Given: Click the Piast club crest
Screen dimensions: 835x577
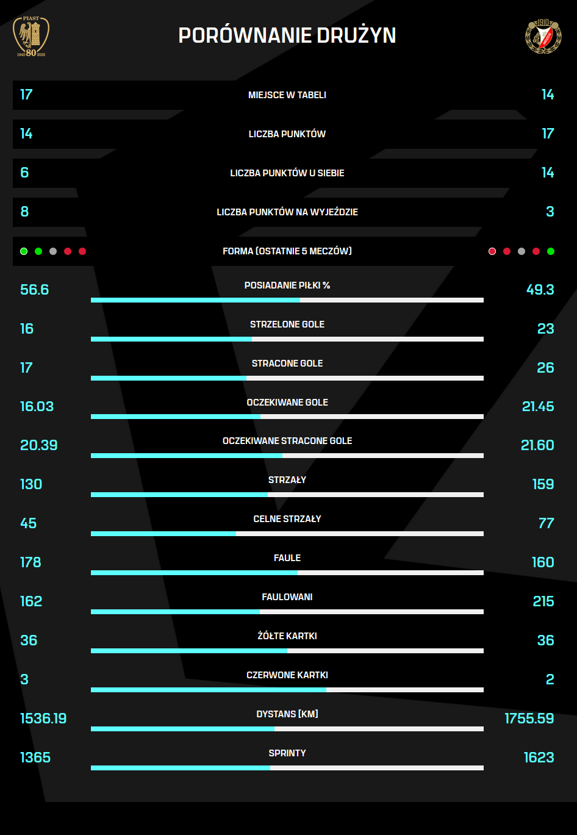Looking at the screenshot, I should [x=31, y=37].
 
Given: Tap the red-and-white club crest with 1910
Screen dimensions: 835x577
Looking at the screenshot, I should [x=543, y=36].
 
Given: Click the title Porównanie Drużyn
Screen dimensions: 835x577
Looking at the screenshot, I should [x=287, y=35].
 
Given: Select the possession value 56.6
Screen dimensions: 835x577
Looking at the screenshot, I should [x=34, y=290].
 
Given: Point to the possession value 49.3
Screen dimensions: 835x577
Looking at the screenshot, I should [x=540, y=290].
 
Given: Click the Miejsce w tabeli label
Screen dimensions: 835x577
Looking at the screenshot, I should [x=287, y=95].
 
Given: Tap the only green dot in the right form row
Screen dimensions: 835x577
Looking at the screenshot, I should [x=551, y=251].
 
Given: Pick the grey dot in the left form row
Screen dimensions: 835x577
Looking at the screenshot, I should [x=53, y=251].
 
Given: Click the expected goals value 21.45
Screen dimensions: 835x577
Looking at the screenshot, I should [x=538, y=406].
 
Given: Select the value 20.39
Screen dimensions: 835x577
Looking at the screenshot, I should [x=38, y=445].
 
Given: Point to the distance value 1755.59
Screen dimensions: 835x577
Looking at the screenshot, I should [x=529, y=719].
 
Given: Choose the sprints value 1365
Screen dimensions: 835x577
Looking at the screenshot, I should [x=35, y=758].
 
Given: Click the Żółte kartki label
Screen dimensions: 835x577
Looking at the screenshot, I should [x=287, y=636].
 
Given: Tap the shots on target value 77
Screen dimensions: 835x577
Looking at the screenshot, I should [x=546, y=523].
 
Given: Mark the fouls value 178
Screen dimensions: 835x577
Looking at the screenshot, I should [x=30, y=562].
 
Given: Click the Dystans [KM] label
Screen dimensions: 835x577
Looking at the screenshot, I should [x=287, y=714].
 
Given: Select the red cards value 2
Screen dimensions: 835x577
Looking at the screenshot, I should [x=550, y=679].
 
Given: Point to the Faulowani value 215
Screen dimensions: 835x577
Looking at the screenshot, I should [x=543, y=601].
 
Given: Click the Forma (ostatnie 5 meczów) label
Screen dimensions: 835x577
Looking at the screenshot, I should [x=287, y=251].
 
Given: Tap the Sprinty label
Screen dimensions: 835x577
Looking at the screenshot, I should [x=287, y=753].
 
